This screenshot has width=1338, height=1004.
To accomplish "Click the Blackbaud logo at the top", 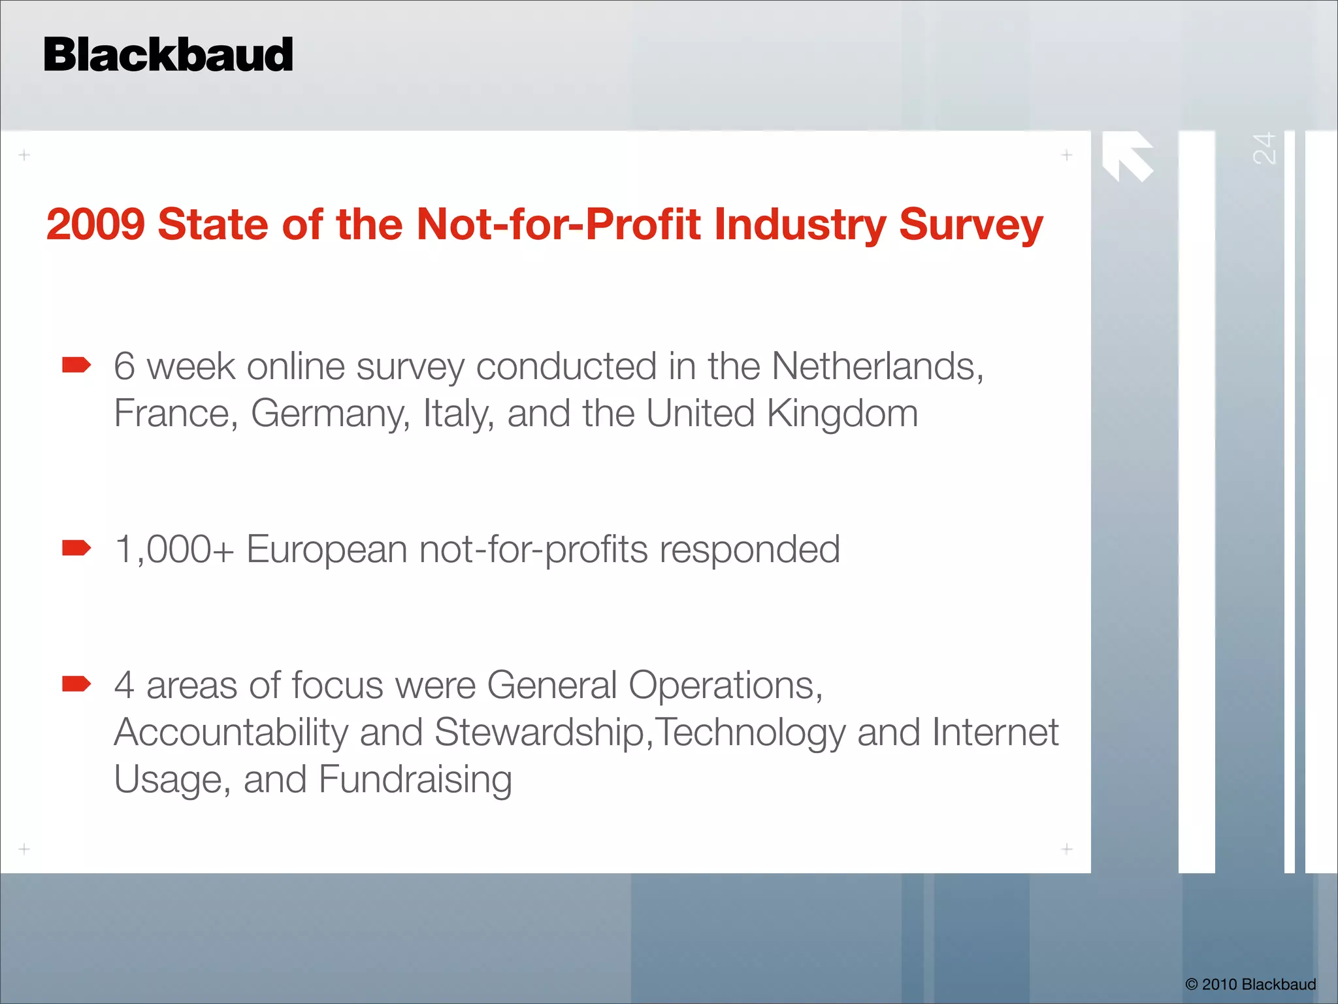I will [x=168, y=55].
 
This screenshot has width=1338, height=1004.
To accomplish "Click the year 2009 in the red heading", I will [x=95, y=224].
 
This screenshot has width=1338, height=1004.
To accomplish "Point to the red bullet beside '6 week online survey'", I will [x=76, y=365].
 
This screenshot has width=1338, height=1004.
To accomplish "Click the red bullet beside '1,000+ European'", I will [x=76, y=548].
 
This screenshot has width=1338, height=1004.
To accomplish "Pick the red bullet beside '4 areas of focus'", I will [x=76, y=684].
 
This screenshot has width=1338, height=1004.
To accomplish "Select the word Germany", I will [x=330, y=414].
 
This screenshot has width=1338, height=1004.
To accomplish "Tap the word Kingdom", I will [x=842, y=414].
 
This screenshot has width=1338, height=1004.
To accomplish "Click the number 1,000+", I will [x=174, y=549].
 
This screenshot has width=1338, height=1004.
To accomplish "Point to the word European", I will [x=327, y=550].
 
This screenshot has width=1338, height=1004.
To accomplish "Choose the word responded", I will [x=749, y=550].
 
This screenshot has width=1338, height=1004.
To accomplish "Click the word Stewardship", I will [x=540, y=733].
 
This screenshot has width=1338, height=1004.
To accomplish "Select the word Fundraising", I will [x=415, y=780].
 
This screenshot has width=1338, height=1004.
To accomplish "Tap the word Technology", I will [x=750, y=733].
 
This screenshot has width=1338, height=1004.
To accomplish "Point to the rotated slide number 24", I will [x=1264, y=148].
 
